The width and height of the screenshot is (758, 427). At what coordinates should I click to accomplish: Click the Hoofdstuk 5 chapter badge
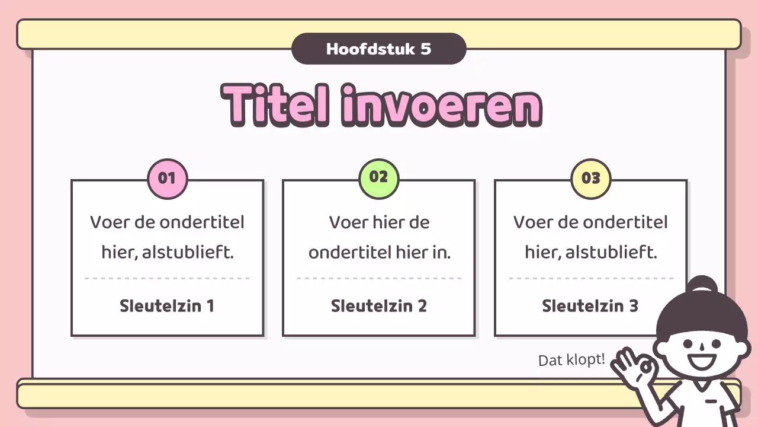[x=378, y=49]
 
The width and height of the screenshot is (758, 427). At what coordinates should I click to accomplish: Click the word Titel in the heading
[x=276, y=105]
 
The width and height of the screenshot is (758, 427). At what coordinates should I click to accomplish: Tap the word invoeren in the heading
[x=442, y=105]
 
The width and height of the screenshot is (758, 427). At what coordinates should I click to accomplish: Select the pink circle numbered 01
[x=167, y=178]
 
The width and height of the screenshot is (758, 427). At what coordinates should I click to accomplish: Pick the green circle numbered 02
[x=378, y=177]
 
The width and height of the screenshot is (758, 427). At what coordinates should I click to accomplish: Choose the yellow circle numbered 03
[x=590, y=178]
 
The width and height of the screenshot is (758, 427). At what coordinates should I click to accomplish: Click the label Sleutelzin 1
[x=167, y=306]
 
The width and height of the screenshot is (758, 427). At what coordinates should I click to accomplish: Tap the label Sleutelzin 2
[x=378, y=306]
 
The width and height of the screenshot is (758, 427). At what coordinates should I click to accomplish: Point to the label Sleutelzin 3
[x=590, y=306]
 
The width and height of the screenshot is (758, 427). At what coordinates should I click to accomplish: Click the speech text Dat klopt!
[x=571, y=359]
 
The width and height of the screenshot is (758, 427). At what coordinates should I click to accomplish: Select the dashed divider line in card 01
[x=167, y=278]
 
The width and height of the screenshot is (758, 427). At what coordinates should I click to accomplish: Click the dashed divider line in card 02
[x=378, y=278]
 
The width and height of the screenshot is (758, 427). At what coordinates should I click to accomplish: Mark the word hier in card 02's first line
[x=388, y=223]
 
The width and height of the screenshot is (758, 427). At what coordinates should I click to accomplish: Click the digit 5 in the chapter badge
[x=426, y=49]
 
